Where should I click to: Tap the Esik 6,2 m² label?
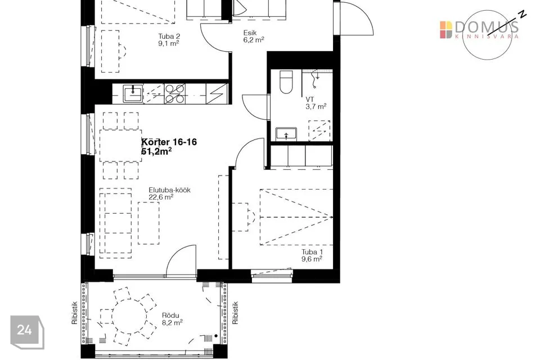(x=254, y=36)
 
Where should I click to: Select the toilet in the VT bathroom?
(x=286, y=82)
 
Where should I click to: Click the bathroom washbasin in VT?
(x=286, y=133)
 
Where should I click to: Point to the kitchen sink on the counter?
(x=133, y=93)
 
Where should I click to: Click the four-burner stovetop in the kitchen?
(x=174, y=93)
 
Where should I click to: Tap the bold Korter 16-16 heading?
(x=169, y=142)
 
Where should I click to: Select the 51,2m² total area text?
(x=157, y=151)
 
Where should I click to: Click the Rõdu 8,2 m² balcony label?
(x=172, y=319)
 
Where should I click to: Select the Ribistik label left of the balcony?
(x=74, y=313)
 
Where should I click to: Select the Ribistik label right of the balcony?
(x=235, y=313)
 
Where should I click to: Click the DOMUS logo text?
(x=486, y=27)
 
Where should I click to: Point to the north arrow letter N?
(x=523, y=14)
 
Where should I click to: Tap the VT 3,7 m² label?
(x=316, y=103)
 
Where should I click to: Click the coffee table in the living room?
(x=148, y=223)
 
